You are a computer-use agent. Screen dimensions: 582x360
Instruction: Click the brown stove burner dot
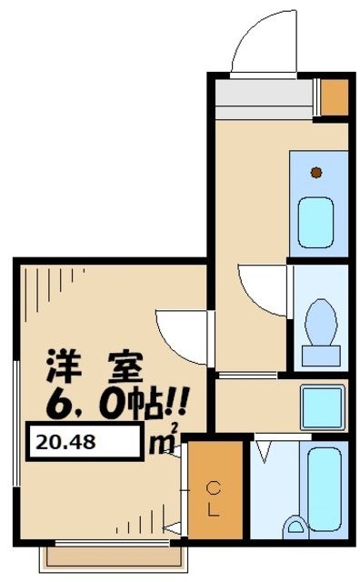[315, 171]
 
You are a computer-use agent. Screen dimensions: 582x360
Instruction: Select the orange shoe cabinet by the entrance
[335, 96]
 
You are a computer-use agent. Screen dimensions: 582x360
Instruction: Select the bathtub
[323, 487]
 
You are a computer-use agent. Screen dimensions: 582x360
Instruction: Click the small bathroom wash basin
[295, 527]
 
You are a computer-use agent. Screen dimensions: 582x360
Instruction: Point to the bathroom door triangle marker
[264, 448]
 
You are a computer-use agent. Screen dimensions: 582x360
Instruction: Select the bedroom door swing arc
[178, 332]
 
